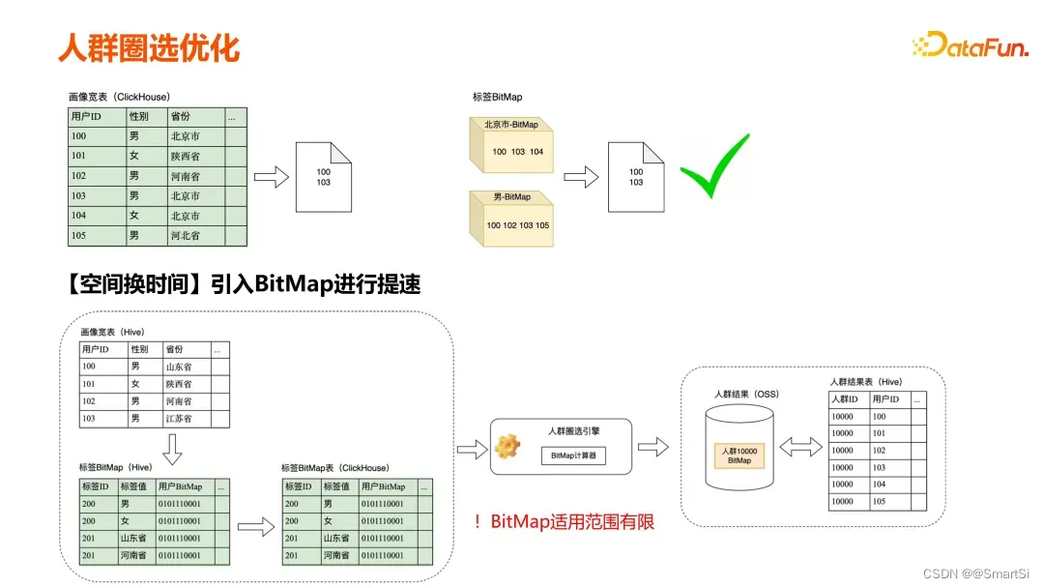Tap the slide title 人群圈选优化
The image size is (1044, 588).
pyautogui.click(x=148, y=46)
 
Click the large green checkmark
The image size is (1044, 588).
pyautogui.click(x=714, y=166)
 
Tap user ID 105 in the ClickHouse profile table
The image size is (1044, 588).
pyautogui.click(x=79, y=236)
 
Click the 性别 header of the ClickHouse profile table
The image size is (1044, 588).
pyautogui.click(x=139, y=117)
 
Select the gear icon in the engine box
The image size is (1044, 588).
pyautogui.click(x=507, y=447)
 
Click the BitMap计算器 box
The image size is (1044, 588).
pyautogui.click(x=573, y=456)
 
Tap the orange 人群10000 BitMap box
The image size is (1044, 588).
pyautogui.click(x=739, y=456)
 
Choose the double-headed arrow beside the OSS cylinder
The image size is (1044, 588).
pyautogui.click(x=801, y=447)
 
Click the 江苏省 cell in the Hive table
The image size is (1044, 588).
pyautogui.click(x=179, y=419)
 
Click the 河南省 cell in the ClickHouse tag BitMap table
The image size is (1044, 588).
pyautogui.click(x=337, y=555)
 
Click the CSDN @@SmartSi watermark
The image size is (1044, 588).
pyautogui.click(x=975, y=573)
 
